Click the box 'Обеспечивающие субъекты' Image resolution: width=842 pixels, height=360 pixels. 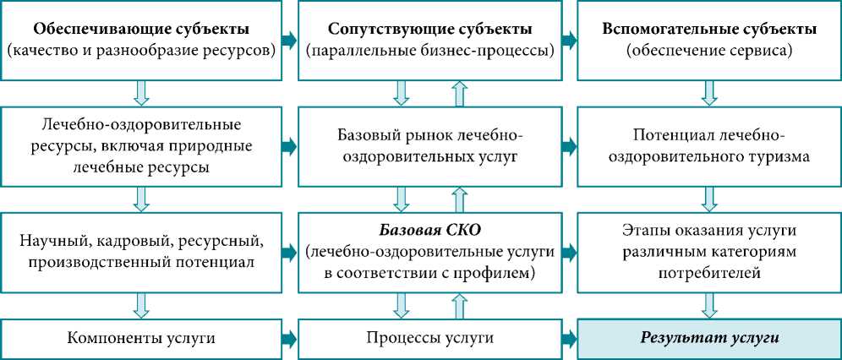tap(142, 40)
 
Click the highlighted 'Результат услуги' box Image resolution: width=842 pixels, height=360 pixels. tap(708, 339)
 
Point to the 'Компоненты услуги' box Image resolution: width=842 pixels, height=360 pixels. tap(142, 339)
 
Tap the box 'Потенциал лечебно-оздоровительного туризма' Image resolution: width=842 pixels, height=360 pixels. tap(708, 146)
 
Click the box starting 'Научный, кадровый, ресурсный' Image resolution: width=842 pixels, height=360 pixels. tap(142, 252)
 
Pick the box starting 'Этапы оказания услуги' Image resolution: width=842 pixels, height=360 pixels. tap(708, 252)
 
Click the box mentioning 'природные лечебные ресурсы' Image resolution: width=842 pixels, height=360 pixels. tap(142, 146)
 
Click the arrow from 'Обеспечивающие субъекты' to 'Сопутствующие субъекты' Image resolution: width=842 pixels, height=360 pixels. tap(290, 40)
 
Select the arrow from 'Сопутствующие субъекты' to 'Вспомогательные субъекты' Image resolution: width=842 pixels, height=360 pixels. tap(570, 40)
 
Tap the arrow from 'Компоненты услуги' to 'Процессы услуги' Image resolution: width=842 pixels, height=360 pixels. tap(290, 339)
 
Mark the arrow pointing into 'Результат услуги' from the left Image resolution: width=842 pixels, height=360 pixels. tap(570, 339)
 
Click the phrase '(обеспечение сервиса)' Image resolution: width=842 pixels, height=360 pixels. tap(708, 51)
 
